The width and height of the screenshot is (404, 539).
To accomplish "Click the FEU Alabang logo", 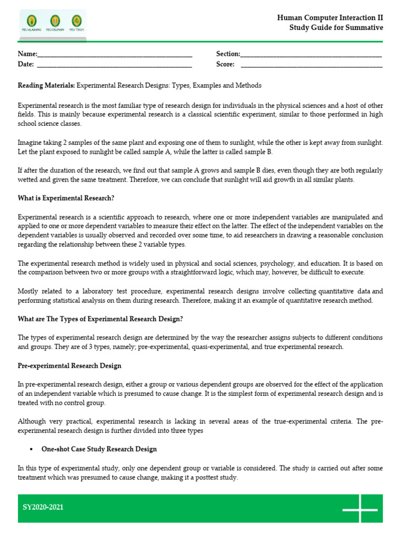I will point(32,22).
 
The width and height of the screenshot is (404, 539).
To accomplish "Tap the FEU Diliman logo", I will point(55,22).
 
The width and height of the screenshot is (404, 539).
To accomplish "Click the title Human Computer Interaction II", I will point(330,18).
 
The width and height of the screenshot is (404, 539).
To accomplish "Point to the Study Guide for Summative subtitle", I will point(336,28).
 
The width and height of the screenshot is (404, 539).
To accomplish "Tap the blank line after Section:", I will point(311,55).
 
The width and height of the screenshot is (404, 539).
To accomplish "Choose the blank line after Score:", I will point(311,65).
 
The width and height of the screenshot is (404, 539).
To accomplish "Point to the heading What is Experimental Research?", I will point(66,198).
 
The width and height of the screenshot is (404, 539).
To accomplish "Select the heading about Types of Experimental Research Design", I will point(100,319).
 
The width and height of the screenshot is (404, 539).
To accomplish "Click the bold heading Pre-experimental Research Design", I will point(69,366).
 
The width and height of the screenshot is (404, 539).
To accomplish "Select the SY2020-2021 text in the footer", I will point(43,508).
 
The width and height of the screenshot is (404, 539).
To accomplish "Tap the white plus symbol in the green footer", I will point(360,509).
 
